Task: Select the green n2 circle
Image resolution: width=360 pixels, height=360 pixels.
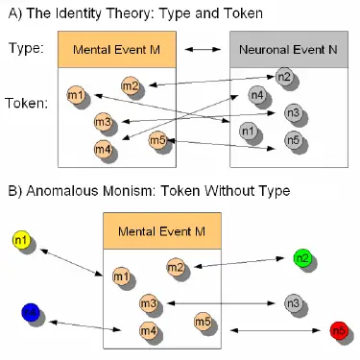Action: coord(300,257)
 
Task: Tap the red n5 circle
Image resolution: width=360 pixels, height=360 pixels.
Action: coord(337,332)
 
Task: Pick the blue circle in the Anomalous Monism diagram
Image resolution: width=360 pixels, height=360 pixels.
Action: coord(31,312)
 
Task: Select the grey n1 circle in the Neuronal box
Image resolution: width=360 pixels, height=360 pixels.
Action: coord(246,131)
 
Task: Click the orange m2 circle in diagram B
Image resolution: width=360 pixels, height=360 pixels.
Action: coord(174,267)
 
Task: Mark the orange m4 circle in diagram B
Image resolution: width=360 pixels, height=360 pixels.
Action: coord(147,331)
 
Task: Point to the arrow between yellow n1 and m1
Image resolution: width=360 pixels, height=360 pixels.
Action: coord(70,258)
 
